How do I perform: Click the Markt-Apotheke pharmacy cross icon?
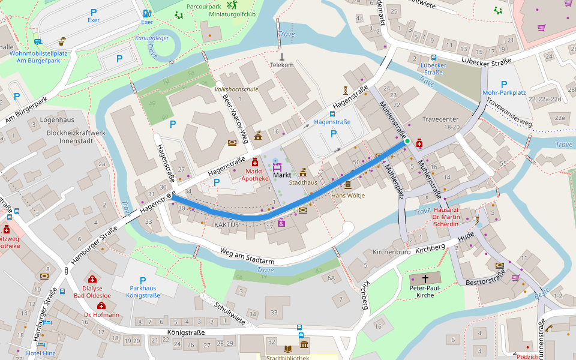(x=255, y=162)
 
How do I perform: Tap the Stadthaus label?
(x=302, y=181)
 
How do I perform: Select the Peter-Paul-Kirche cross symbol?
(x=426, y=279)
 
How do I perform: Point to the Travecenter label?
(x=440, y=119)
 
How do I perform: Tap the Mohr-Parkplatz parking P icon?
(x=504, y=84)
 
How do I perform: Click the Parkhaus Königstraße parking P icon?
(x=143, y=280)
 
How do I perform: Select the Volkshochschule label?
(x=236, y=89)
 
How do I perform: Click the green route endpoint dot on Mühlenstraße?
(x=407, y=141)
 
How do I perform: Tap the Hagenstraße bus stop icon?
(x=332, y=113)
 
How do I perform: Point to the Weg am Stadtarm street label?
(x=247, y=256)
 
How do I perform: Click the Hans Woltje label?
(x=348, y=196)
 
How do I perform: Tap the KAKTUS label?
(x=226, y=224)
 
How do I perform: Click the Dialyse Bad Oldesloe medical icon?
(x=92, y=279)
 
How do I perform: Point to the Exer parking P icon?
(x=93, y=12)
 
